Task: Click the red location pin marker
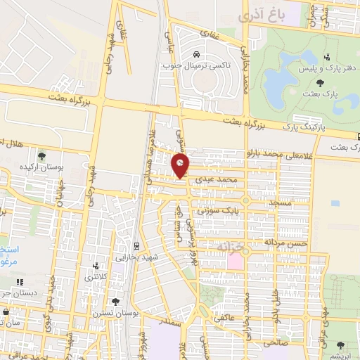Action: [x=181, y=166]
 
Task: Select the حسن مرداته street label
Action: [x=286, y=242]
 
